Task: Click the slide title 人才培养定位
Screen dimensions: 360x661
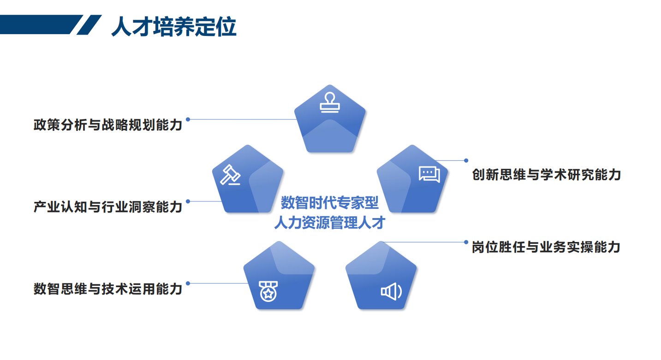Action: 174,27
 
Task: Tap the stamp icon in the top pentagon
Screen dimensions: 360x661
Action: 330,102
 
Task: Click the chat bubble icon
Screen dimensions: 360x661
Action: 429,174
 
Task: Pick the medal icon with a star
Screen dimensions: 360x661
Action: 267,291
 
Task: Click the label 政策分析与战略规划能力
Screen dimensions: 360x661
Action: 108,124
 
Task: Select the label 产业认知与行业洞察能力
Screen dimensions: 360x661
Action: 108,207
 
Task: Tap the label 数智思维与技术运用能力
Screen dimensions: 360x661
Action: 108,289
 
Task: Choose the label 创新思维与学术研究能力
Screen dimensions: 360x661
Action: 547,175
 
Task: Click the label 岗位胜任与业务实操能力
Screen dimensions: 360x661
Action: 546,247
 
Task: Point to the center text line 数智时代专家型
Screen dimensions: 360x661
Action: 329,202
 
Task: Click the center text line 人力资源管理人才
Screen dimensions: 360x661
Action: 329,223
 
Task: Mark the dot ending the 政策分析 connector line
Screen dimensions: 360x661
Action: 188,119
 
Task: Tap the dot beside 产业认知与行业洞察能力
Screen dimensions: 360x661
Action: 188,201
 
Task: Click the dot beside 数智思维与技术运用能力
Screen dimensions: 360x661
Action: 188,283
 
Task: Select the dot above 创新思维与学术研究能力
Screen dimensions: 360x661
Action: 466,160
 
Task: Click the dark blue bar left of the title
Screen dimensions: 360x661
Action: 39,24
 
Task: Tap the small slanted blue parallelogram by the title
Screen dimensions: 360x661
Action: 89,24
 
